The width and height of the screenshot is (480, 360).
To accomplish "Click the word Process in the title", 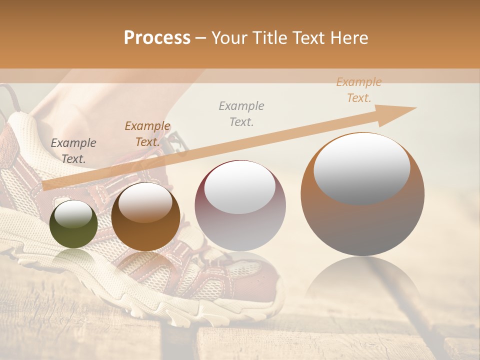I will [x=157, y=38].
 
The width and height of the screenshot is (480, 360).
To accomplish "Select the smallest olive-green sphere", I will [x=73, y=224].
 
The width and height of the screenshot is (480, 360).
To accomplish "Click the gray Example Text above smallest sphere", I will [x=73, y=151].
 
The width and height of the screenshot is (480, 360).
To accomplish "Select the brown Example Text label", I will [x=147, y=134].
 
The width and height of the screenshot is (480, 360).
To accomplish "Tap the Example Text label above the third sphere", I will [x=241, y=113].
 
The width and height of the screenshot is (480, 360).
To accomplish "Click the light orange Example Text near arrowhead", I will [x=359, y=90].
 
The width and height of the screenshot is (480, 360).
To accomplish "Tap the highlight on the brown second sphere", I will [x=145, y=202].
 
